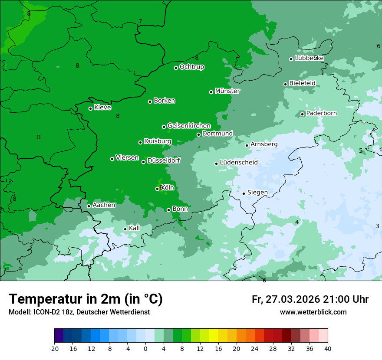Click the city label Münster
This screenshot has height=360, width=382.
pos(227,91)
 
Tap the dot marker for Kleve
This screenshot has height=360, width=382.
pos(90,108)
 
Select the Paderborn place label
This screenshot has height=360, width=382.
pos(321,113)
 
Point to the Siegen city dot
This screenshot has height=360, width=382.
pos(244,193)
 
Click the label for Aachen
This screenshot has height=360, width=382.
pos(104,205)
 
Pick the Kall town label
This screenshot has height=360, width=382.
pos(134,228)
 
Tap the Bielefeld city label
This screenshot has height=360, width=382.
pos(302,83)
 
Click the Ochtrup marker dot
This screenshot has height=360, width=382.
pos(176,68)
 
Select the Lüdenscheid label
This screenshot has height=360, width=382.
pos(239,163)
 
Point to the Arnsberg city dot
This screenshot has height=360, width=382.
pos(247,145)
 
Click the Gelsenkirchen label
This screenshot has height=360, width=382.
pos(189,126)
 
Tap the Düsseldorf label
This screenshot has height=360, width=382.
pos(163,160)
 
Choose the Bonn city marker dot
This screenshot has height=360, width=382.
pos(168,210)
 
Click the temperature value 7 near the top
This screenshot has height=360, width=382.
pos(140,21)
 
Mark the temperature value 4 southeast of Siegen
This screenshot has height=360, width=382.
pos(297,222)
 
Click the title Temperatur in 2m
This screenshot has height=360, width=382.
pos(86,299)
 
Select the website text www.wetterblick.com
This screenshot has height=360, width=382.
pos(313,312)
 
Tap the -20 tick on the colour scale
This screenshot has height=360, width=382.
pos(54,348)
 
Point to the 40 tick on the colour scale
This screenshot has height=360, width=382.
pos(327,348)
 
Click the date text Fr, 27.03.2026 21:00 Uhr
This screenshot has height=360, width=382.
pos(310,299)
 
